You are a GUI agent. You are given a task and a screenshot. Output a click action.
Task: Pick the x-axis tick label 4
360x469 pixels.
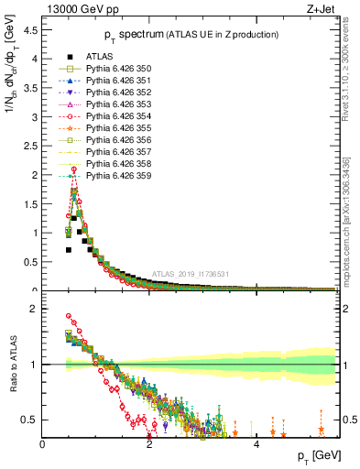coord(256,444)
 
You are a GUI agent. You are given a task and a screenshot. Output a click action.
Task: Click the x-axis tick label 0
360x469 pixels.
coord(42,444)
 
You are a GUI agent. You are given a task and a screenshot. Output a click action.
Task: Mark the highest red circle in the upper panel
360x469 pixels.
coord(73,169)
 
